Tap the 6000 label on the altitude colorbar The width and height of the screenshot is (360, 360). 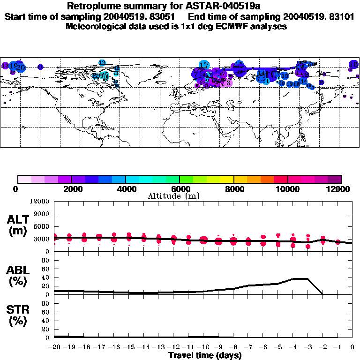pyautogui.click(x=180, y=189)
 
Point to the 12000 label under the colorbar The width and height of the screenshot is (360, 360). pyautogui.click(x=338, y=189)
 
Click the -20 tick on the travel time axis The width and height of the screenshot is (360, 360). pyautogui.click(x=54, y=347)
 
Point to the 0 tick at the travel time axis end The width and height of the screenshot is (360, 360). pyautogui.click(x=352, y=347)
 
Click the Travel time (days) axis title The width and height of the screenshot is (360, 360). pyautogui.click(x=205, y=355)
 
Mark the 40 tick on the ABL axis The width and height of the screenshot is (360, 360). pyautogui.click(x=46, y=277)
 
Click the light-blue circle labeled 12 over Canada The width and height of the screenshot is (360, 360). pyautogui.click(x=102, y=62)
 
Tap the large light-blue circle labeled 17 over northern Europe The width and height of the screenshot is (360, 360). pyautogui.click(x=204, y=65)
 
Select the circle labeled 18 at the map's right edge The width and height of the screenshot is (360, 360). pyautogui.click(x=353, y=64)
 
